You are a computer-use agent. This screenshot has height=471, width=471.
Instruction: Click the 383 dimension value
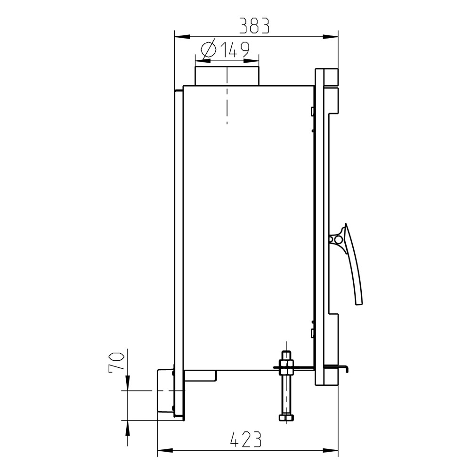click(254, 25)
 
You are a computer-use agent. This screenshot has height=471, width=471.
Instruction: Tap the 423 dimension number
click(246, 439)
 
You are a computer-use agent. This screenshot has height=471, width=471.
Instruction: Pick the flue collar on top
click(227, 76)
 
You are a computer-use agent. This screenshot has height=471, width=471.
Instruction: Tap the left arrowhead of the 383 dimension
click(182, 37)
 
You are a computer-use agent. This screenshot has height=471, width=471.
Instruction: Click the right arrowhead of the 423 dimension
click(331, 450)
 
